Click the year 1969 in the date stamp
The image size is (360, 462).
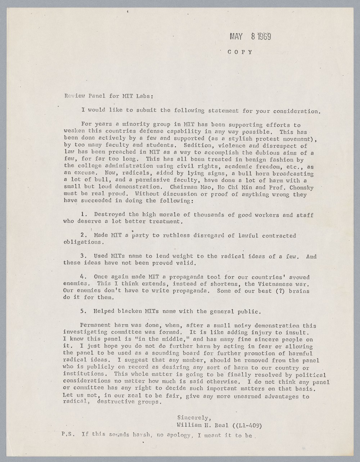pyautogui.click(x=264, y=36)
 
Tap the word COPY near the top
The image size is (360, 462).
pyautogui.click(x=240, y=52)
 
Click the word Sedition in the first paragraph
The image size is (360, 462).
pyautogui.click(x=197, y=146)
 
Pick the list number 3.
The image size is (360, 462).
pyautogui.click(x=84, y=256)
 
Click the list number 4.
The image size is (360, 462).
pyautogui.click(x=84, y=277)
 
